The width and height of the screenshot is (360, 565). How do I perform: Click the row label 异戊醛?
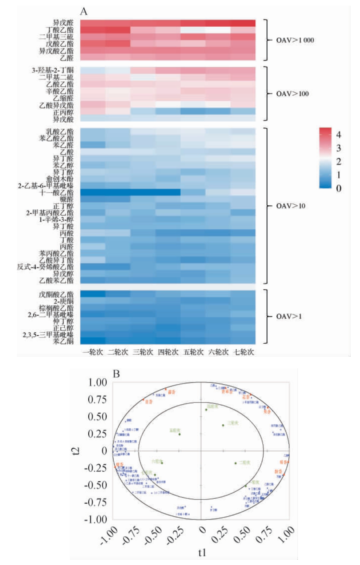tap(63, 23)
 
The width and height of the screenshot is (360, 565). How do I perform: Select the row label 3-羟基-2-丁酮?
tap(52, 70)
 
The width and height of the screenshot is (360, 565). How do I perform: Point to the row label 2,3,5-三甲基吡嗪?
tap(48, 334)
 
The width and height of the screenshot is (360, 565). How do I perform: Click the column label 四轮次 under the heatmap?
tap(168, 352)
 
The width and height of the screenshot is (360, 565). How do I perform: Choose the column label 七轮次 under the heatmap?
tap(243, 352)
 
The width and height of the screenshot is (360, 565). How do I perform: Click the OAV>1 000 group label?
tap(295, 40)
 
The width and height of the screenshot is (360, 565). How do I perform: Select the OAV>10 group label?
tap(291, 206)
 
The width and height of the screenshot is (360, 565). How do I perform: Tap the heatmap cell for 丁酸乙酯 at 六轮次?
tap(218, 30)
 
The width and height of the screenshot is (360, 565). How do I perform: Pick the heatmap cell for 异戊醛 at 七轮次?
tap(243, 23)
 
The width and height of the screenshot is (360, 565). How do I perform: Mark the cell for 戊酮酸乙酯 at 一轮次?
tap(93, 294)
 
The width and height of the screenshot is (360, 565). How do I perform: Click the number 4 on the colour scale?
tap(338, 135)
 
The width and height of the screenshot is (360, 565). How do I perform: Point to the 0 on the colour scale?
tap(338, 188)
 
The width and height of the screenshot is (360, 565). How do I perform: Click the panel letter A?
tap(84, 12)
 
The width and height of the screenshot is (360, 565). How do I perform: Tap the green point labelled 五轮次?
tap(180, 434)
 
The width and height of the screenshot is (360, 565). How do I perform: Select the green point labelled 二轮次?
tap(235, 463)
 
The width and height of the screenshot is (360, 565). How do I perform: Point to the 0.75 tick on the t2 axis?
tap(97, 399)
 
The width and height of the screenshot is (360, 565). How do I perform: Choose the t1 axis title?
tap(202, 553)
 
